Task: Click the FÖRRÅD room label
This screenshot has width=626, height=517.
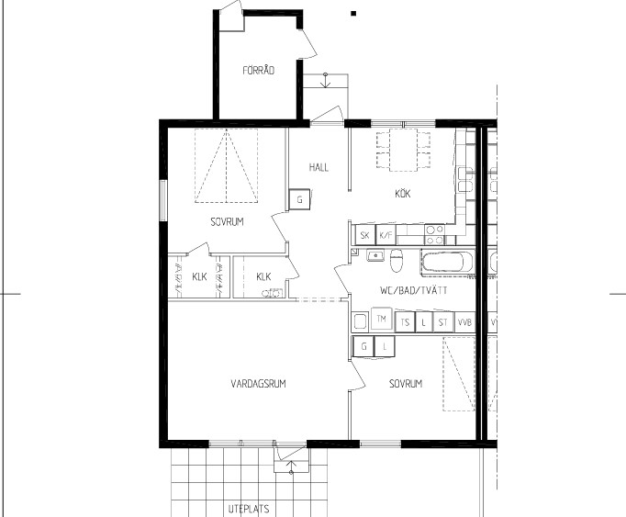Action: [x=258, y=71]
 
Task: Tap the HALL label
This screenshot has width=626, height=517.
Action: [x=319, y=167]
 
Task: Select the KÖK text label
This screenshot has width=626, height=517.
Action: [x=403, y=194]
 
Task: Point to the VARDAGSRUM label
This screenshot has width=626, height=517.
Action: [x=258, y=384]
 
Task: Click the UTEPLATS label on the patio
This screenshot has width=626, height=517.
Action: [x=249, y=509]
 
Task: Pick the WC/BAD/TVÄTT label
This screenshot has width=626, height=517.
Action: [x=414, y=290]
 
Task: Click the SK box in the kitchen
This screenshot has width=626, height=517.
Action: [x=364, y=235]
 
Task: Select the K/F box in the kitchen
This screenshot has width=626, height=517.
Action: [x=386, y=235]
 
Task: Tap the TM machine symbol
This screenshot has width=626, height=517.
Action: [x=382, y=319]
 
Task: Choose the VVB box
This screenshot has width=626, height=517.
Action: [x=464, y=322]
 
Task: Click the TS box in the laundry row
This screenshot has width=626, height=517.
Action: [x=405, y=322]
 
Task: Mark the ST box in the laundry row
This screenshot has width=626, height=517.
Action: [x=443, y=322]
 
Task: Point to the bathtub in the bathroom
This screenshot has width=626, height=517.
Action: [x=447, y=262]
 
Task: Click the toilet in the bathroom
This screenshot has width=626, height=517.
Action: [x=396, y=260]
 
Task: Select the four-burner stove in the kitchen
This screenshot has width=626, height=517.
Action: [x=434, y=234]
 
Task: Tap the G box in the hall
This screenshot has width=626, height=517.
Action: [x=300, y=199]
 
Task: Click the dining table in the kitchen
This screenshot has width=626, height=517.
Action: [x=403, y=150]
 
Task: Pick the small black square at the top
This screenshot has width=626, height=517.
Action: [x=353, y=14]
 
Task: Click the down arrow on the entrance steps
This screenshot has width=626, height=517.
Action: [x=326, y=81]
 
